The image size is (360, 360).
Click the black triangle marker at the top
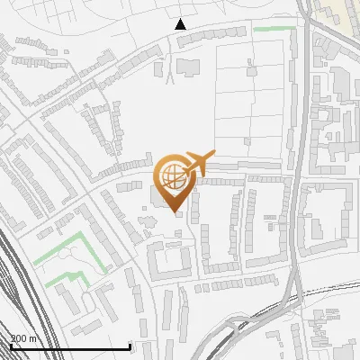pos(180,24)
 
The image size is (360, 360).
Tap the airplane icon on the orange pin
pos(196,164)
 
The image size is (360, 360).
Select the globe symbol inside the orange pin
pos(173,175)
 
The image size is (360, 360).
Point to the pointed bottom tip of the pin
pos(174,212)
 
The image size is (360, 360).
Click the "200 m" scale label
pos(24,338)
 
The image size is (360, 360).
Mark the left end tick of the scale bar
pos(11,346)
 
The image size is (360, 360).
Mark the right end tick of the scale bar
pos(130,346)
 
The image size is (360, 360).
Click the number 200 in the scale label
pos(20,338)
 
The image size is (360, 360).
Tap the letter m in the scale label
pos(34,339)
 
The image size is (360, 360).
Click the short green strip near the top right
pos(274,29)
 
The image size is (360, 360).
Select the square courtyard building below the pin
pos(170,262)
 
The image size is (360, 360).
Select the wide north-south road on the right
pos(295,180)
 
